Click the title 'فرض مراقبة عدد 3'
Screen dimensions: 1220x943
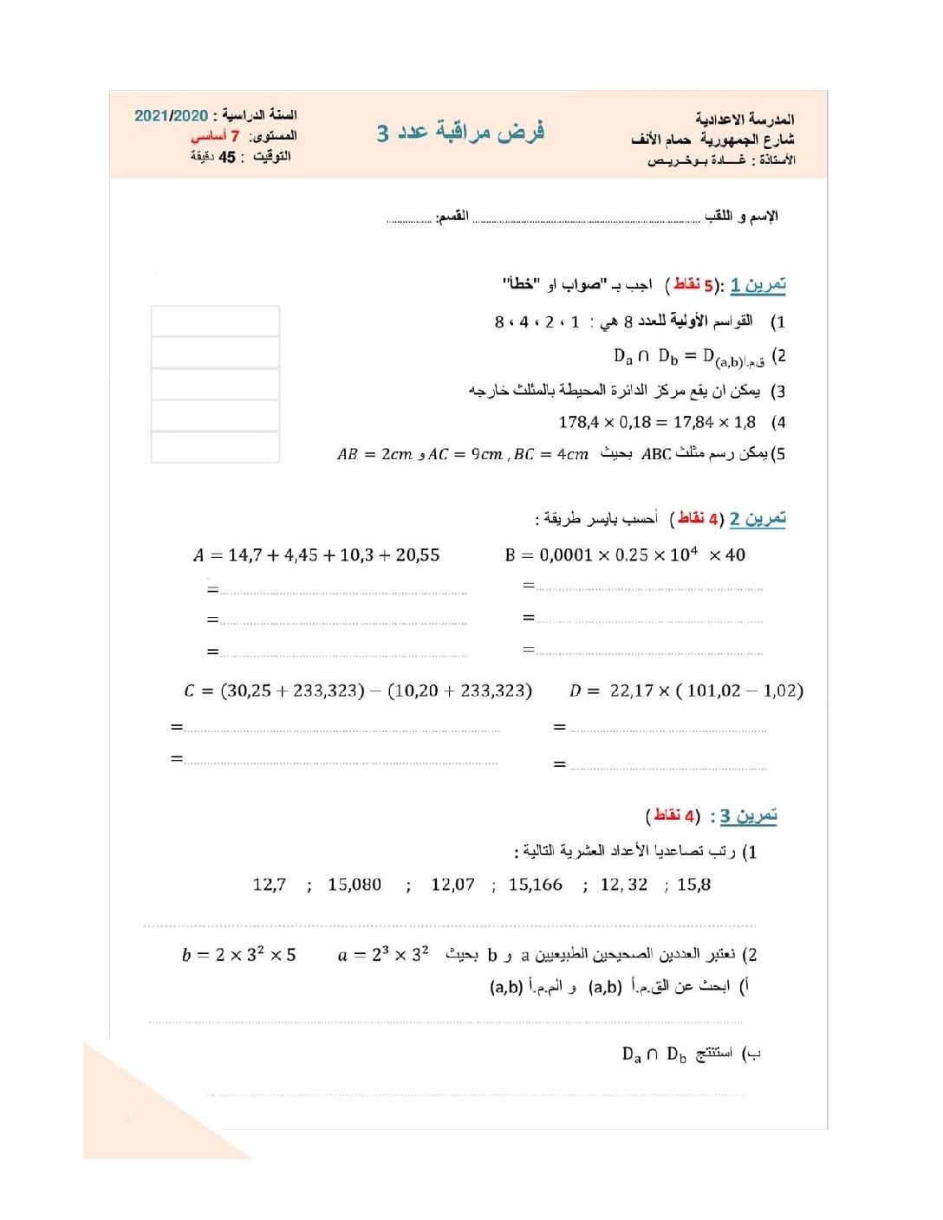(x=460, y=132)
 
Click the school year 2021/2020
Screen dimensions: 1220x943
(x=171, y=115)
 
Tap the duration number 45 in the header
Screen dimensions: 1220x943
(x=227, y=157)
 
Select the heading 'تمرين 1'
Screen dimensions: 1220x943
(x=758, y=284)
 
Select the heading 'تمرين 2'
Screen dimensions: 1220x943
(x=758, y=518)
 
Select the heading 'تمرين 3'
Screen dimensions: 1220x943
(x=748, y=816)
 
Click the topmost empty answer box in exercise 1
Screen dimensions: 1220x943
(x=215, y=321)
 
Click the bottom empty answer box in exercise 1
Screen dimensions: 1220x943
(x=215, y=447)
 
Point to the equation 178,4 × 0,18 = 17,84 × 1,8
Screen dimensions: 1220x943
(x=657, y=422)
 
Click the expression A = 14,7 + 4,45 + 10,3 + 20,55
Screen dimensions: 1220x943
(x=316, y=555)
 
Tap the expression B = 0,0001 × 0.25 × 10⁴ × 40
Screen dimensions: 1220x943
(x=625, y=555)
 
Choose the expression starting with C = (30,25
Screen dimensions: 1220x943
(x=358, y=691)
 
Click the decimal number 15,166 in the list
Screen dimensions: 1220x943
(x=535, y=885)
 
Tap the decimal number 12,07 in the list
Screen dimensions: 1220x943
(x=452, y=885)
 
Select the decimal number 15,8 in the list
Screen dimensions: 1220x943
(x=693, y=885)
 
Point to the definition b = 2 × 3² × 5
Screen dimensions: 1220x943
(x=239, y=955)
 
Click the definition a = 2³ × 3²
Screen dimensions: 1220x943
(x=383, y=955)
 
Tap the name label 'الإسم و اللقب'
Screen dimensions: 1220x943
(x=741, y=216)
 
